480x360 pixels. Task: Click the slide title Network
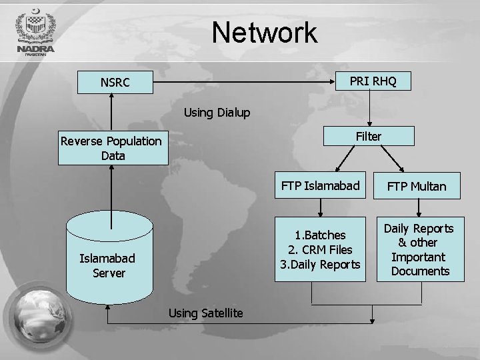(265, 33)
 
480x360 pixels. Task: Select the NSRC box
(115, 83)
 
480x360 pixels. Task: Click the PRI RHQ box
(373, 81)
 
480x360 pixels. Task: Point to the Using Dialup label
(217, 113)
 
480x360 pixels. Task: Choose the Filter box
(369, 137)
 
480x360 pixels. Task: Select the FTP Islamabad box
(320, 185)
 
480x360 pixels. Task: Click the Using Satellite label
(205, 313)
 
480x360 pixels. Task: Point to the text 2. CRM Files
(320, 250)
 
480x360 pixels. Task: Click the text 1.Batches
(320, 235)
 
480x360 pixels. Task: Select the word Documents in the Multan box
(420, 271)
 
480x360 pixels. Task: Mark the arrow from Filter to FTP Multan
(394, 158)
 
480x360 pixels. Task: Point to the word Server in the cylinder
(109, 273)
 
